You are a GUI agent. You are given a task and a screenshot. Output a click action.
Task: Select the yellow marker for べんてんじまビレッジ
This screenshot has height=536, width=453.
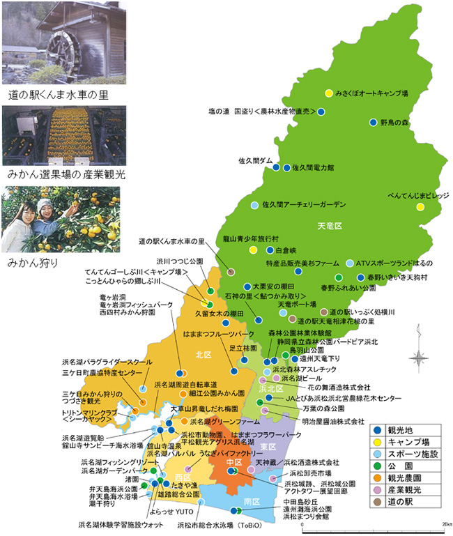pos(420,207)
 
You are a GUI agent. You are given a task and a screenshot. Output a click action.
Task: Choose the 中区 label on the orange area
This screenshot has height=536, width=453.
pos(234,462)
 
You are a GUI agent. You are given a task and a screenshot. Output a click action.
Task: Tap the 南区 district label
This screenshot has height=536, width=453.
pos(252,501)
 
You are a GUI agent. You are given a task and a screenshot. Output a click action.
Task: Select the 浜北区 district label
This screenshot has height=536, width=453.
pos(268,388)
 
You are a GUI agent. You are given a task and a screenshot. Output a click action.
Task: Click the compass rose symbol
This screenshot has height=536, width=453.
pos(419,358)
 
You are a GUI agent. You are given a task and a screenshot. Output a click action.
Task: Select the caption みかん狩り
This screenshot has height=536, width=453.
pos(32,263)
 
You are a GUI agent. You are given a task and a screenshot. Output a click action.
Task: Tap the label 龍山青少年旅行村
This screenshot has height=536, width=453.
pos(249,238)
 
